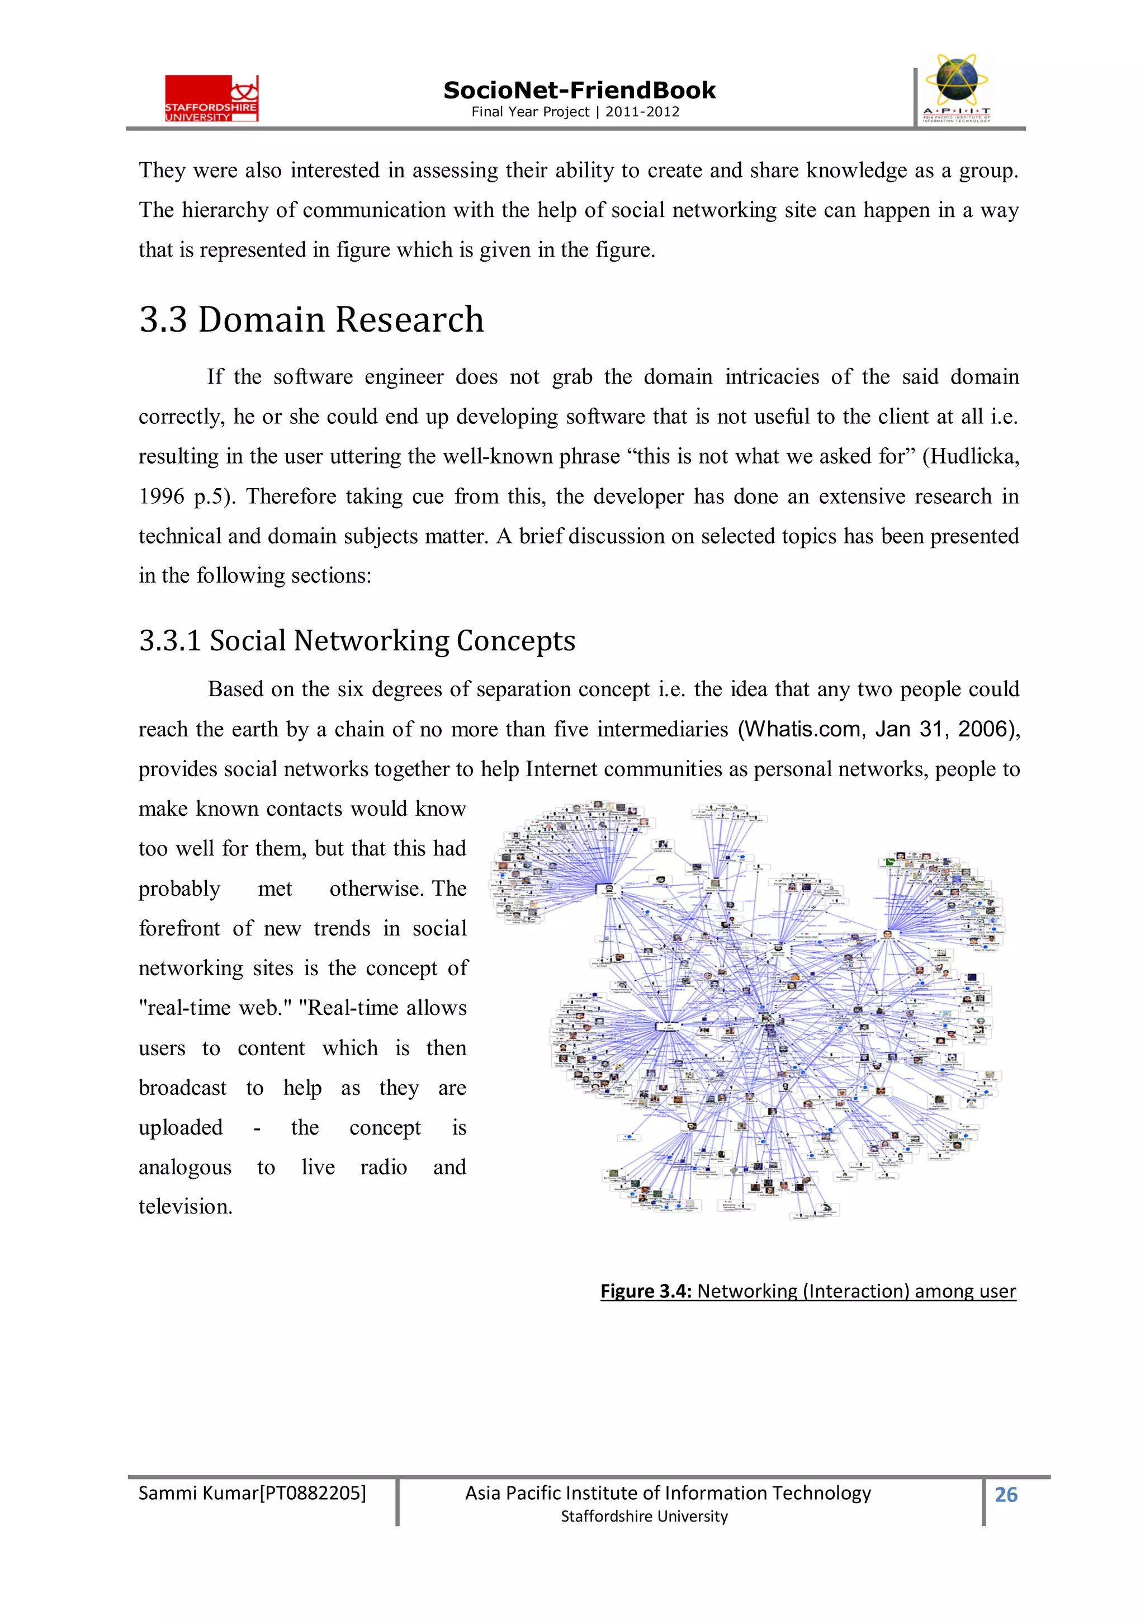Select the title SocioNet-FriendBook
tap(579, 91)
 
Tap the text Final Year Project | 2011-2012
tap(575, 111)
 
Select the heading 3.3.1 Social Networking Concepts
tap(357, 641)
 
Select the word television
tap(185, 1207)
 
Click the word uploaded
tap(181, 1127)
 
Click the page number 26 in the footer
tap(1005, 1494)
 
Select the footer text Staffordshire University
tap(644, 1517)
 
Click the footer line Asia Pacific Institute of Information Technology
tap(668, 1493)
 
